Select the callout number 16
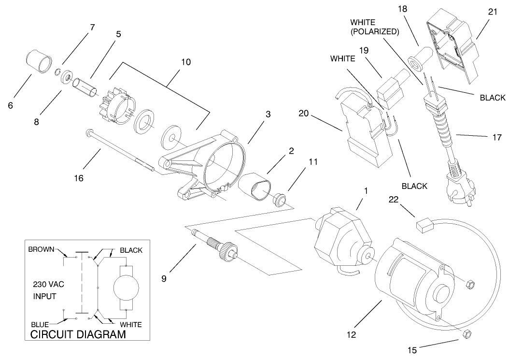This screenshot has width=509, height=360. (x=79, y=178)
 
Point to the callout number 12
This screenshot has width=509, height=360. (x=351, y=333)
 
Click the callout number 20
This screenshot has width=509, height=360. (x=303, y=115)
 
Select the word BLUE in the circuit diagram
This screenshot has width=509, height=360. (x=40, y=325)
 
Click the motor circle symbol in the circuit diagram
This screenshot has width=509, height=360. (x=127, y=288)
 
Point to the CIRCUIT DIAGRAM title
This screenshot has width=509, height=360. (x=78, y=334)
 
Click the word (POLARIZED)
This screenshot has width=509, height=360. (x=374, y=32)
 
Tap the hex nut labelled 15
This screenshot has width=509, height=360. (x=467, y=334)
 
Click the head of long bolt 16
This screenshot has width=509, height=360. (x=88, y=132)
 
